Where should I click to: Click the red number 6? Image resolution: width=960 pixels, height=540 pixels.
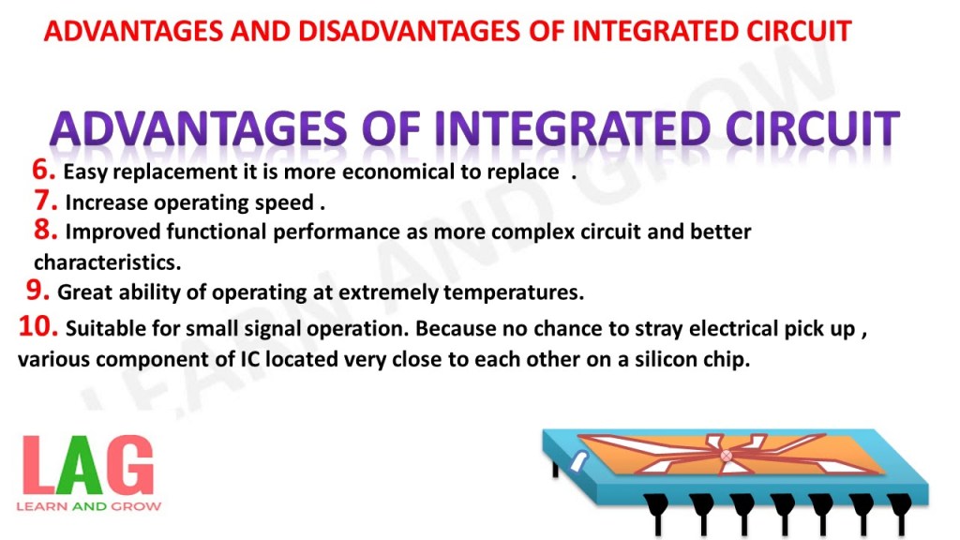pos(43,170)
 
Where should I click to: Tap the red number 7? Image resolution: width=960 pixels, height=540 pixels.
pos(46,201)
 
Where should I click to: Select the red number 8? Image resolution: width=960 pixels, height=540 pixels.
pos(46,230)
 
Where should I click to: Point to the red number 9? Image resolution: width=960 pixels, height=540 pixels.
pos(37,290)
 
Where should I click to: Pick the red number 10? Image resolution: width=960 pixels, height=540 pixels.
pos(38,325)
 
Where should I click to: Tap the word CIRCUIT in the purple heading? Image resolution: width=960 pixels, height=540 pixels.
pos(813,129)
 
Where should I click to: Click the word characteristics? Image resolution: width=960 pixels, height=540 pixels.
pos(108,262)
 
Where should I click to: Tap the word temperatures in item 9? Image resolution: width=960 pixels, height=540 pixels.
pos(514,292)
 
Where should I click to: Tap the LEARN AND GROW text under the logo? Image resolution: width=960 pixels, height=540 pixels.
pos(89,507)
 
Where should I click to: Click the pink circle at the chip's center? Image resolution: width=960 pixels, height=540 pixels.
pos(727,456)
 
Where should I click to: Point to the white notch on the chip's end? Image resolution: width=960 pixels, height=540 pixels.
pos(578,462)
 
